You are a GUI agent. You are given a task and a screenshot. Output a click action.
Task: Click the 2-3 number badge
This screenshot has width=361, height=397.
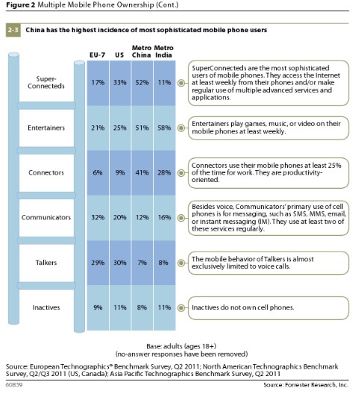point(15,30)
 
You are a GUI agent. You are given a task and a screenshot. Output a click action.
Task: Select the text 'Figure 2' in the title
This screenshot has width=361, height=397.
point(22,7)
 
